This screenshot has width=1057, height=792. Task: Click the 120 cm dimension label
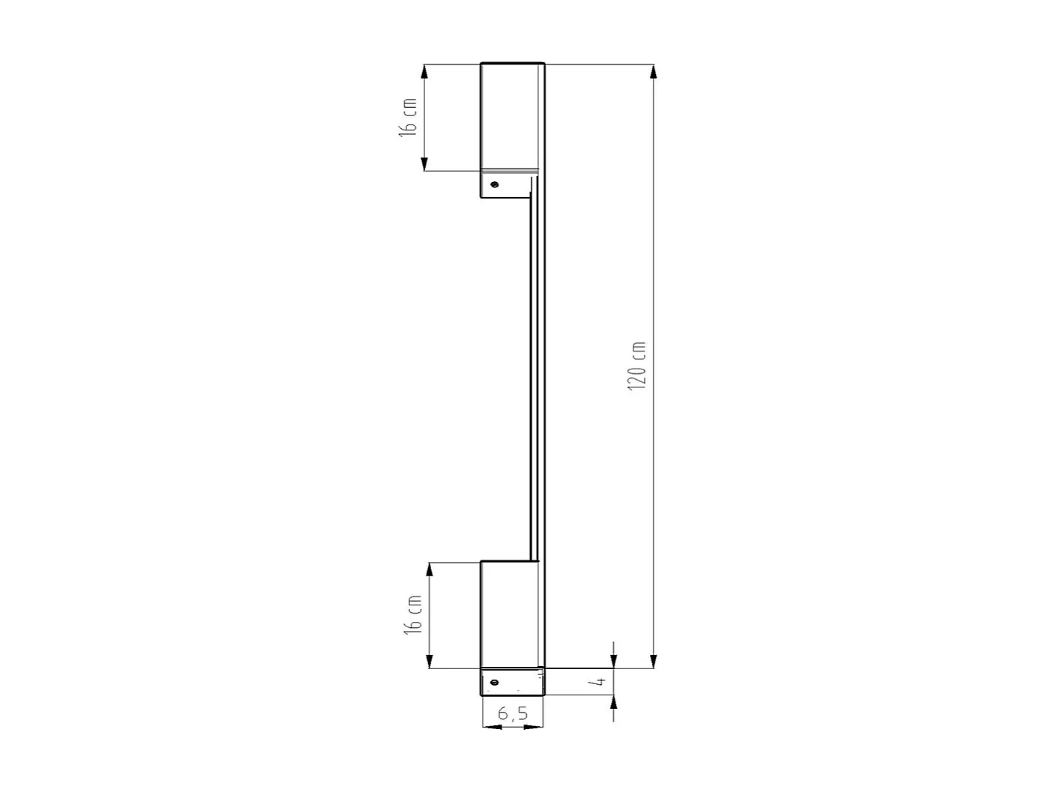pos(637,366)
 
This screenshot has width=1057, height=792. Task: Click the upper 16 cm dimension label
pos(408,117)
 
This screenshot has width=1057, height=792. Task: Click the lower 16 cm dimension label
pos(413,615)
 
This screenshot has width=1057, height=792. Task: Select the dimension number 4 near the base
pos(597,682)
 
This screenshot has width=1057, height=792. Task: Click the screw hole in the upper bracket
pos(494,184)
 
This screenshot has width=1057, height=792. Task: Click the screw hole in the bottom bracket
pos(494,682)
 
